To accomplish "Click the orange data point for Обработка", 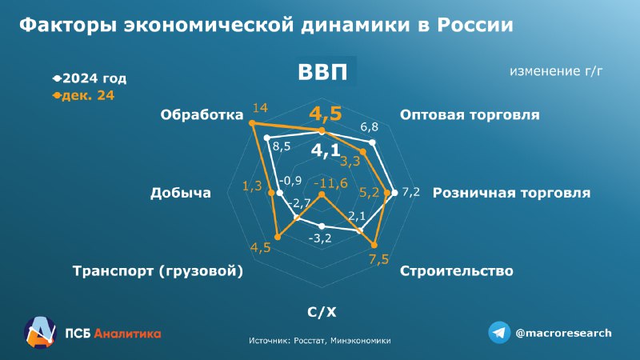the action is (252, 123).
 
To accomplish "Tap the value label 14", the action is (260, 108).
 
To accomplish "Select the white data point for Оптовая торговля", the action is (372, 142).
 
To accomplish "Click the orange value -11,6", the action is (331, 183).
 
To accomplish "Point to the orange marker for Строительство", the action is (374, 246).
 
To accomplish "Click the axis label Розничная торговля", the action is (511, 193).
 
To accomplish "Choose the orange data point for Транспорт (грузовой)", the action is (278, 237).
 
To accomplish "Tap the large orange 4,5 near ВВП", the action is (326, 114).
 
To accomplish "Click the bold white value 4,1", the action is (326, 150).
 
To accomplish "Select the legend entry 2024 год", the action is (90, 78).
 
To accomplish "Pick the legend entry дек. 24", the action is (84, 95).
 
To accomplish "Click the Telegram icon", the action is (499, 333).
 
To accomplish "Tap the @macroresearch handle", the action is (563, 333).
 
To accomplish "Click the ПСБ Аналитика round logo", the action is (39, 332).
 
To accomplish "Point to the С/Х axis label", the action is (322, 312).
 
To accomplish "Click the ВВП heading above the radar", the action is (322, 71).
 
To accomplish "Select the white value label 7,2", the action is (410, 192).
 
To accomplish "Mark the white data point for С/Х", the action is (322, 226).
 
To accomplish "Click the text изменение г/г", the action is (556, 71).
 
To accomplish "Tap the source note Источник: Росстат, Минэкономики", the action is (319, 341).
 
